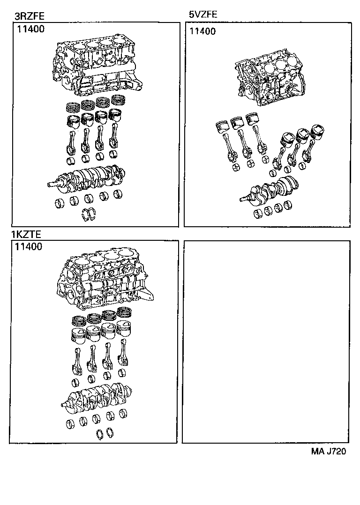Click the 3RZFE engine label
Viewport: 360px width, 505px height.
[x=30, y=16]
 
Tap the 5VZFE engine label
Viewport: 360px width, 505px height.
[x=203, y=14]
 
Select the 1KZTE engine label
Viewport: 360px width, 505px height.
[x=26, y=234]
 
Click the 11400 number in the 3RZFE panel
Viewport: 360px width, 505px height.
[x=31, y=29]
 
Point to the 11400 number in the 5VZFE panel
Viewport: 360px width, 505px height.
[x=202, y=31]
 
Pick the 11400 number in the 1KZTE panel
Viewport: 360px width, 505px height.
[x=29, y=247]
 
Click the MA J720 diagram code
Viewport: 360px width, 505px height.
[x=329, y=451]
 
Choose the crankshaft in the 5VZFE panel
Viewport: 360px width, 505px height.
[x=270, y=192]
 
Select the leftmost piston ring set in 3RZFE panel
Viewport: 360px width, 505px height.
[x=74, y=107]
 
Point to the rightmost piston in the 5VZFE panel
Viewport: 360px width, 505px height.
[x=317, y=133]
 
